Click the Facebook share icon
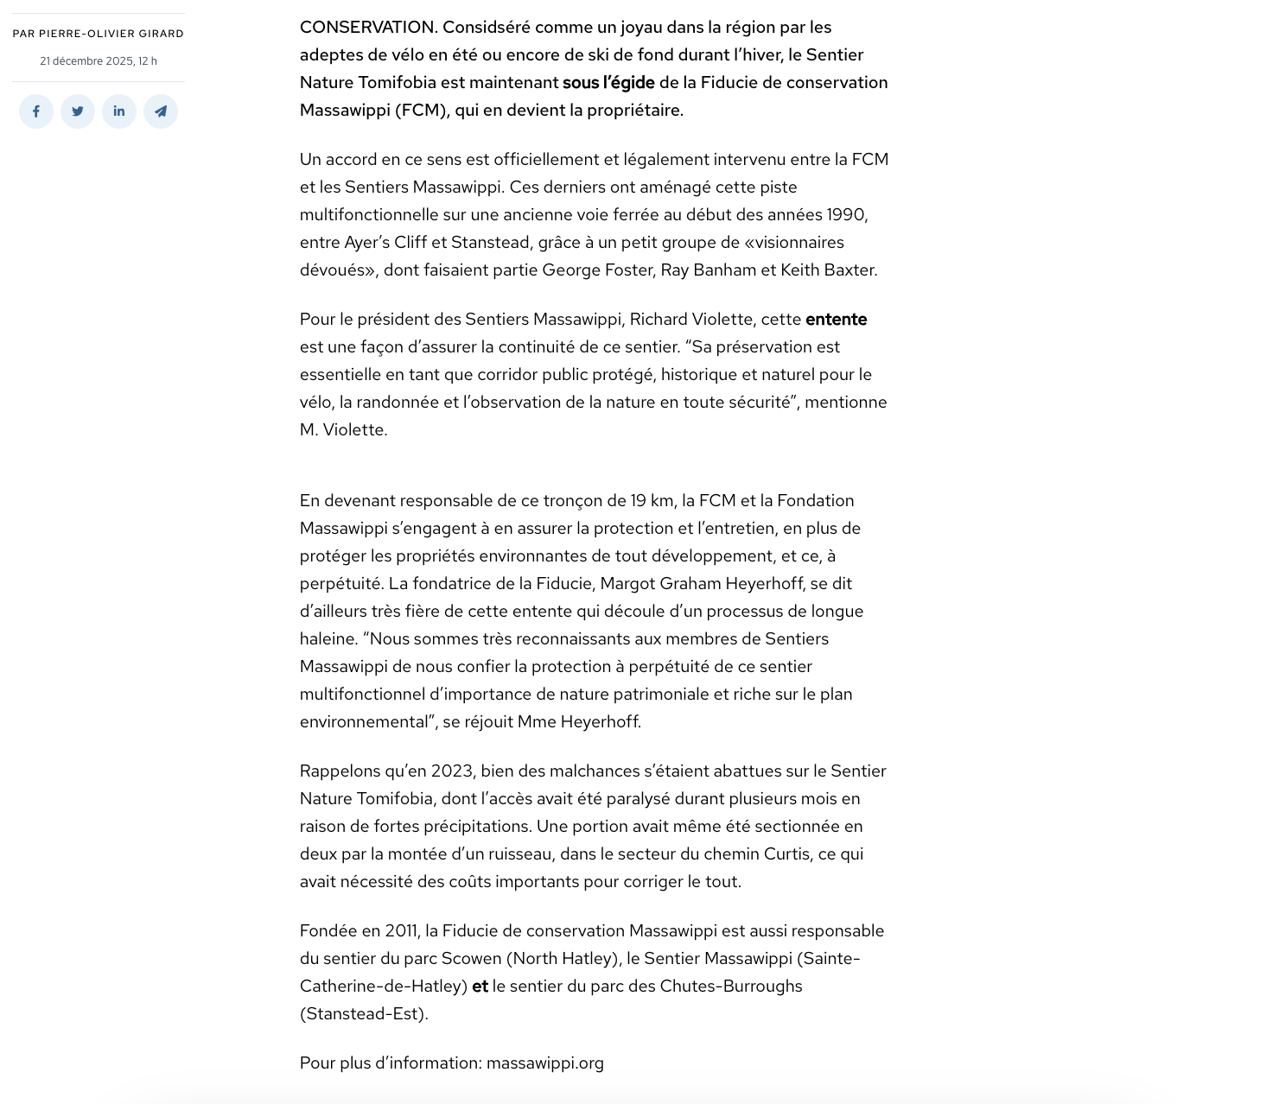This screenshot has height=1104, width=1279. pyautogui.click(x=36, y=111)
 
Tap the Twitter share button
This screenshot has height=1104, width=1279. pyautogui.click(x=78, y=111)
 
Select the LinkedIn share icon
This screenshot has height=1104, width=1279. pyautogui.click(x=119, y=111)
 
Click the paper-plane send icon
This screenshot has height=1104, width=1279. pyautogui.click(x=161, y=111)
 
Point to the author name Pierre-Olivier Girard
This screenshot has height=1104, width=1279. pyautogui.click(x=111, y=34)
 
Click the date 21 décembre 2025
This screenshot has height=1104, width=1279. pyautogui.click(x=86, y=61)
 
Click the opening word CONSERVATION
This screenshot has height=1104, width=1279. pyautogui.click(x=367, y=28)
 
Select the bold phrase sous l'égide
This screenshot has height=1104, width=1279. pyautogui.click(x=608, y=83)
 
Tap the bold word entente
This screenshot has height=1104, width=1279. pyautogui.click(x=836, y=320)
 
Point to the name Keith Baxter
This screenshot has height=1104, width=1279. pyautogui.click(x=827, y=270)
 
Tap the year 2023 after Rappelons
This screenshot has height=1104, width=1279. pyautogui.click(x=453, y=771)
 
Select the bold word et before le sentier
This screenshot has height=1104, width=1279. pyautogui.click(x=480, y=987)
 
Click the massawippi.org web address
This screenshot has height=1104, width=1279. pyautogui.click(x=544, y=1063)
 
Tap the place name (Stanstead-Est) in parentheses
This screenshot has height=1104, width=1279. pyautogui.click(x=364, y=1014)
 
